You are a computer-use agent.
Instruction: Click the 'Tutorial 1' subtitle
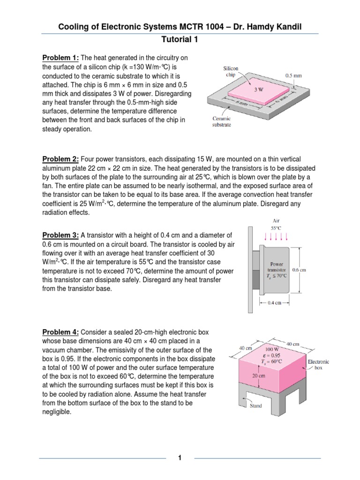[x=180, y=40]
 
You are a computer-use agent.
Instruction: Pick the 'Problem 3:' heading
[x=60, y=235]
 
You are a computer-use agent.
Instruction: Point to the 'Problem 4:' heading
[x=60, y=332]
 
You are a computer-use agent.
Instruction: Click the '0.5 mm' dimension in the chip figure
[x=294, y=74]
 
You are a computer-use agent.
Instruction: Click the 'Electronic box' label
[x=318, y=365]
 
